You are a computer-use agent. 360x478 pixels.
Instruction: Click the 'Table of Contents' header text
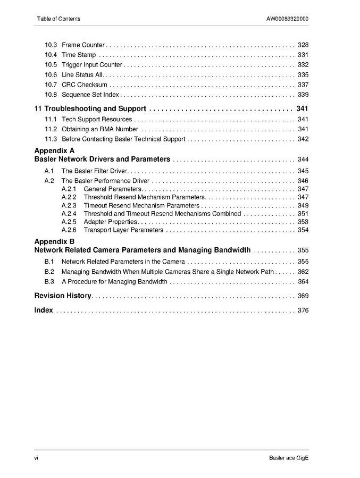click(x=58, y=19)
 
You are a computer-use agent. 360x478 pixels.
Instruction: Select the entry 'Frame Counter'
click(x=83, y=45)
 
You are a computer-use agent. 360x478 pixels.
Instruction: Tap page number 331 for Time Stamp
click(x=303, y=55)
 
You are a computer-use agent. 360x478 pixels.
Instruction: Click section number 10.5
click(x=51, y=65)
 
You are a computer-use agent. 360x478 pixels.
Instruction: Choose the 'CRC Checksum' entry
click(x=85, y=85)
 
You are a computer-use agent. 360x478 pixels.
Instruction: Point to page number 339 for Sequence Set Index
click(x=303, y=95)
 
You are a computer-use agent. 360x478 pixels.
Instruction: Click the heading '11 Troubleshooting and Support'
click(x=90, y=108)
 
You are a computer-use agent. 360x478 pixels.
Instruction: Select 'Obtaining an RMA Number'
click(x=100, y=129)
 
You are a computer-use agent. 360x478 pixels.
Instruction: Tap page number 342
click(x=303, y=139)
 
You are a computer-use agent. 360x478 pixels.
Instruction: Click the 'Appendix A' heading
click(x=54, y=150)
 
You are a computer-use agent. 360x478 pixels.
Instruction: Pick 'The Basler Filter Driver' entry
click(x=95, y=171)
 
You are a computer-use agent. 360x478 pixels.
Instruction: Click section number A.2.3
click(x=69, y=205)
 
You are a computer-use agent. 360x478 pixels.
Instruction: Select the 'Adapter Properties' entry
click(x=111, y=222)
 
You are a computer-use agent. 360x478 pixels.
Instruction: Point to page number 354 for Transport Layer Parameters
click(x=303, y=230)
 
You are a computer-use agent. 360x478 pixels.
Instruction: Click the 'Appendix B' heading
click(x=54, y=241)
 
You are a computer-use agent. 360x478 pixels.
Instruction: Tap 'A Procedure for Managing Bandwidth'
click(x=114, y=282)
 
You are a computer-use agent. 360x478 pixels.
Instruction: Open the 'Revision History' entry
click(x=63, y=296)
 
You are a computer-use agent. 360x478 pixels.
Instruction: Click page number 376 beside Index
click(x=303, y=311)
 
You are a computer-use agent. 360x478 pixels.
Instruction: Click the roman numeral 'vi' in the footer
click(x=37, y=458)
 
